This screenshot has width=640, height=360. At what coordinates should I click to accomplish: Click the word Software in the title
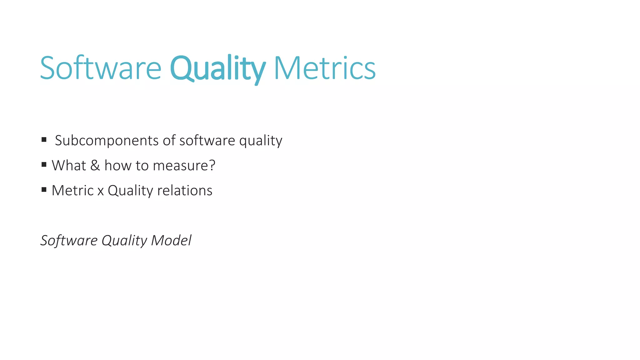[x=101, y=68]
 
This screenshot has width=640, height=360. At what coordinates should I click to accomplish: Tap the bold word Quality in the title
[x=218, y=68]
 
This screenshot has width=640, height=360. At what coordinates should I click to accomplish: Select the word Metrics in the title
[x=324, y=68]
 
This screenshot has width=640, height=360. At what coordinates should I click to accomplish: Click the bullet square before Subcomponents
[x=44, y=139]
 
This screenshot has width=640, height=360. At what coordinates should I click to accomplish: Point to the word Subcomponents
[x=107, y=141]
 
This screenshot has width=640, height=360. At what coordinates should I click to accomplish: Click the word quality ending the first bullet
[x=261, y=141]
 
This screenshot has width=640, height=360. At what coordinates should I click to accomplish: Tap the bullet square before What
[x=44, y=164]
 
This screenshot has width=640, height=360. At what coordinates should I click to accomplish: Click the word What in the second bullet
[x=69, y=165]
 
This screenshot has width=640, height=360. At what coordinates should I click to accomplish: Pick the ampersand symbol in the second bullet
[x=95, y=165]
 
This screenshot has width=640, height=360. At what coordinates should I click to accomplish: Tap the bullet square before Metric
[x=44, y=189]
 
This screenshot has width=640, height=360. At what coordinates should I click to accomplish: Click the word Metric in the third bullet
[x=72, y=190]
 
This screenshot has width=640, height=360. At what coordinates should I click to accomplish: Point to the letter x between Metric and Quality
[x=101, y=191]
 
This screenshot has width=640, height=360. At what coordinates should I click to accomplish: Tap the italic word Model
[x=171, y=240]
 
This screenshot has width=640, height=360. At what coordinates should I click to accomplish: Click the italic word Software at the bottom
[x=69, y=240]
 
